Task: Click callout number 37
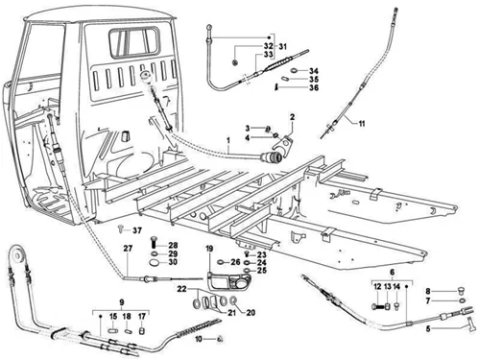[137, 230]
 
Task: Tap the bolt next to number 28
[154, 244]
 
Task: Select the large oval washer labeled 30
[155, 262]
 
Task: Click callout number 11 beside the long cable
[362, 124]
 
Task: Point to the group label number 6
[393, 273]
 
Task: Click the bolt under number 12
[378, 307]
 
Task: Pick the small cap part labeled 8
[461, 291]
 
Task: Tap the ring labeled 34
[295, 70]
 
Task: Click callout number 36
[314, 87]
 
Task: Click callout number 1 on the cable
[228, 140]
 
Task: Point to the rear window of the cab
[134, 42]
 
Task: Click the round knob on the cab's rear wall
[147, 77]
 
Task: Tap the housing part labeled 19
[228, 281]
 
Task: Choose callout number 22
[181, 289]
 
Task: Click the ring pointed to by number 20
[233, 300]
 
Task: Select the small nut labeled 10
[220, 339]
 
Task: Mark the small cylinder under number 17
[142, 330]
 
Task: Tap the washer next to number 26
[222, 262]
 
